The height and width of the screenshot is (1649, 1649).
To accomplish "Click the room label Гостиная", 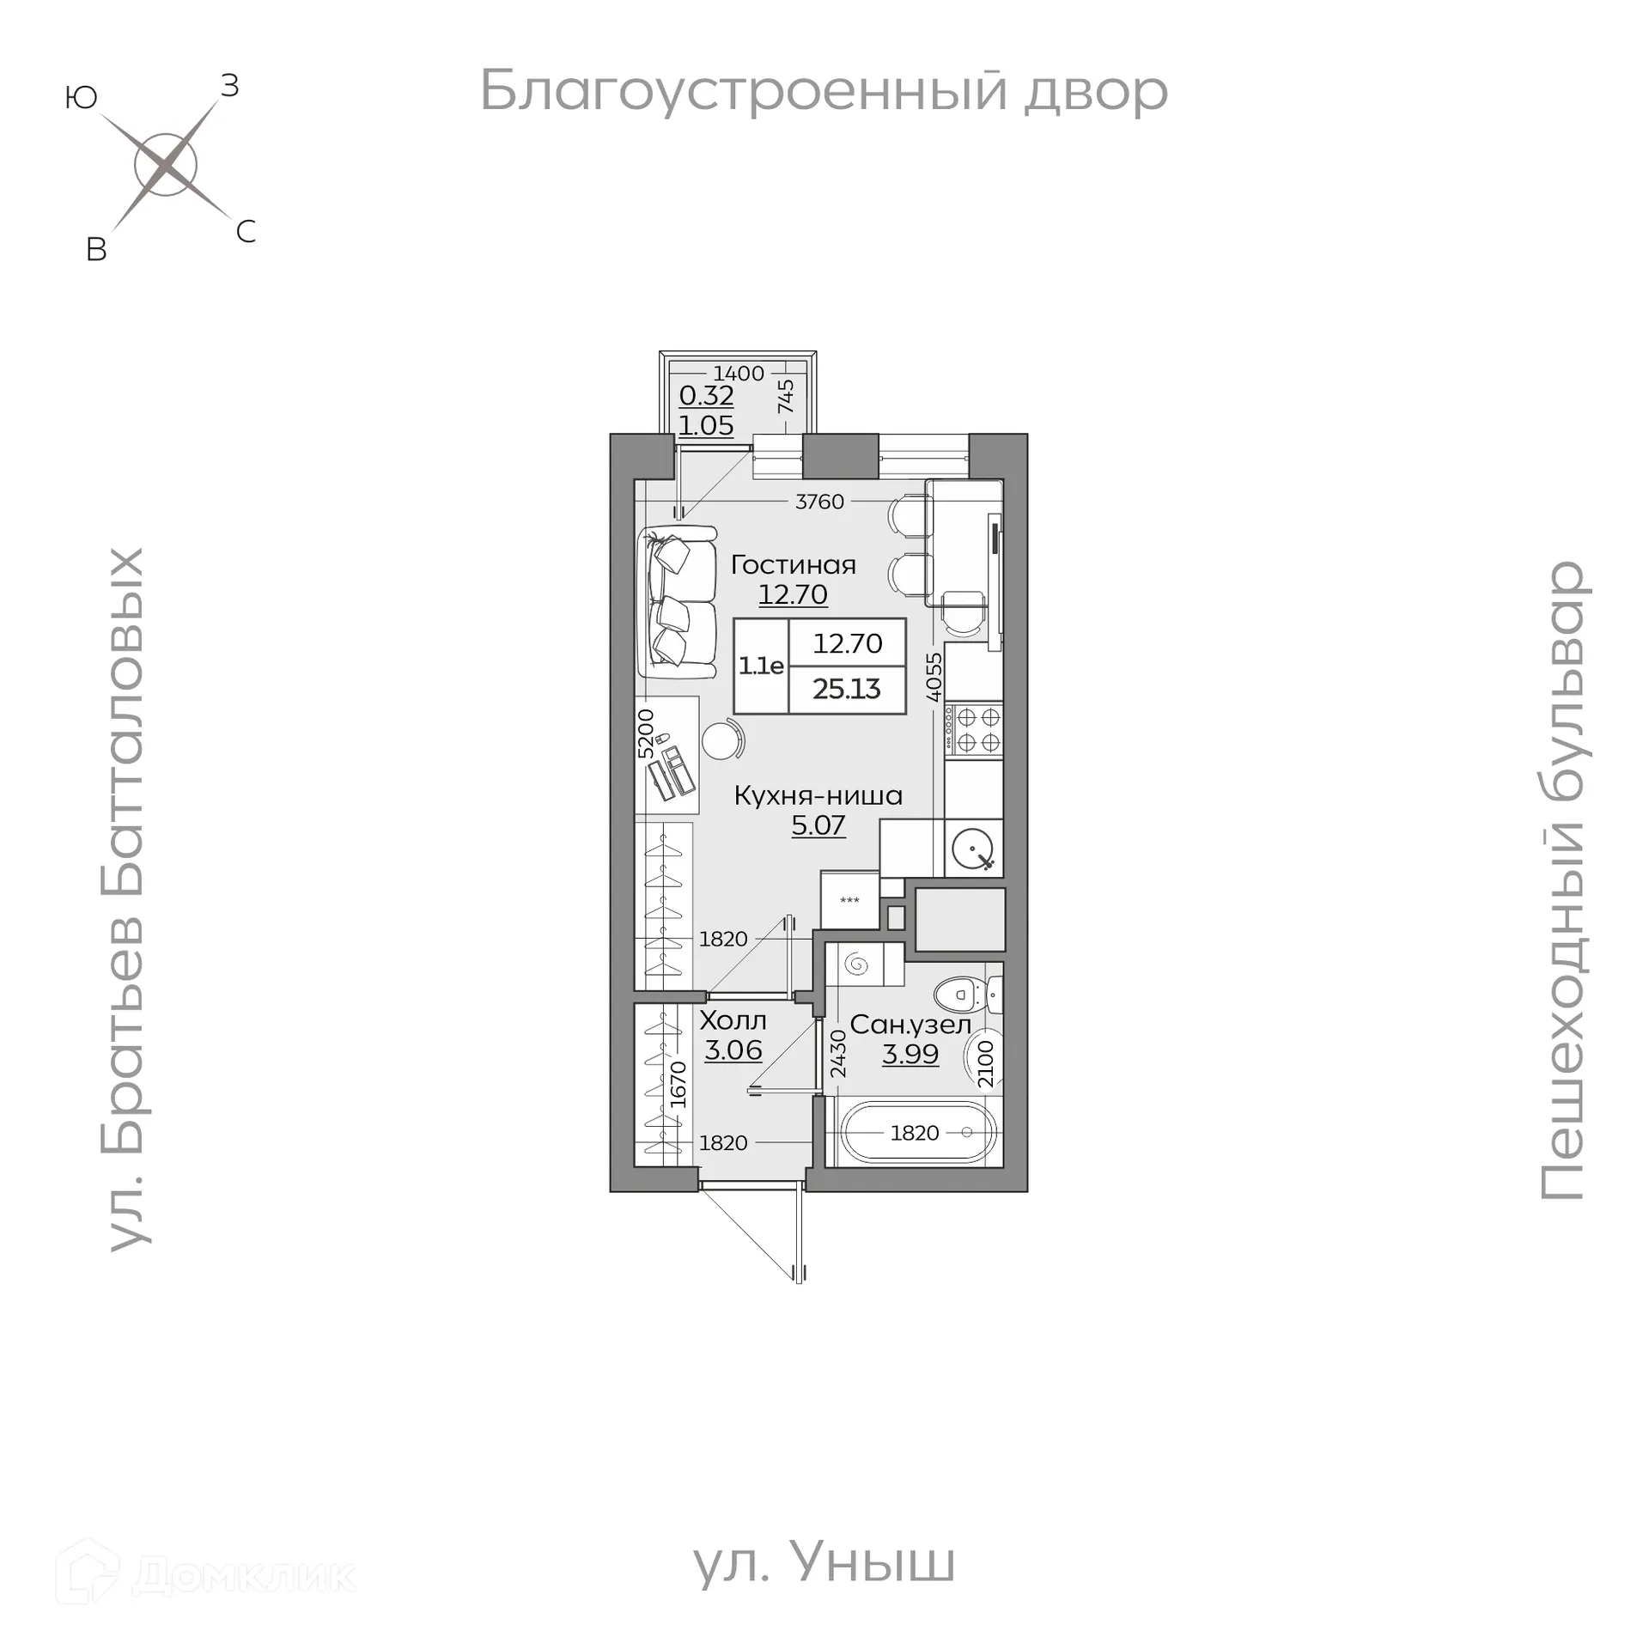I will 793,565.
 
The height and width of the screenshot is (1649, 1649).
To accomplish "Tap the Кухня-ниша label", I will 818,796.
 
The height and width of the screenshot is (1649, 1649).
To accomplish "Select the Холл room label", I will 733,1021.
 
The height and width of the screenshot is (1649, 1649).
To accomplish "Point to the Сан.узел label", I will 910,1025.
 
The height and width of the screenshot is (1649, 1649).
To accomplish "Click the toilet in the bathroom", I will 966,996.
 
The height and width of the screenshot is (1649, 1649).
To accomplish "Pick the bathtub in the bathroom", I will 916,1133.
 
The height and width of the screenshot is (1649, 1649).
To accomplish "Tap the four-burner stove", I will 974,730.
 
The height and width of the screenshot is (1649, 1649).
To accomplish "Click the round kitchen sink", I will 973,849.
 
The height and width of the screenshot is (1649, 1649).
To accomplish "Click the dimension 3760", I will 819,502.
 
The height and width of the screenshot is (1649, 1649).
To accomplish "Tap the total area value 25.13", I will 847,690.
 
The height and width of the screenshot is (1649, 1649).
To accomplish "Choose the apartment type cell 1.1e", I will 761,666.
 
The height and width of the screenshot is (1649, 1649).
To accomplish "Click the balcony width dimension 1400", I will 739,374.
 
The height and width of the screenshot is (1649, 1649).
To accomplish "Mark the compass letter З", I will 229,86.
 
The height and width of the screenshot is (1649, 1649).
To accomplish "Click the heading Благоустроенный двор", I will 823,91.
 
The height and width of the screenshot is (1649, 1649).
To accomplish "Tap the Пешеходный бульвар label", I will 1563,879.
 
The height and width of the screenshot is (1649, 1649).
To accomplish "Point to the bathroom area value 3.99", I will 910,1054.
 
